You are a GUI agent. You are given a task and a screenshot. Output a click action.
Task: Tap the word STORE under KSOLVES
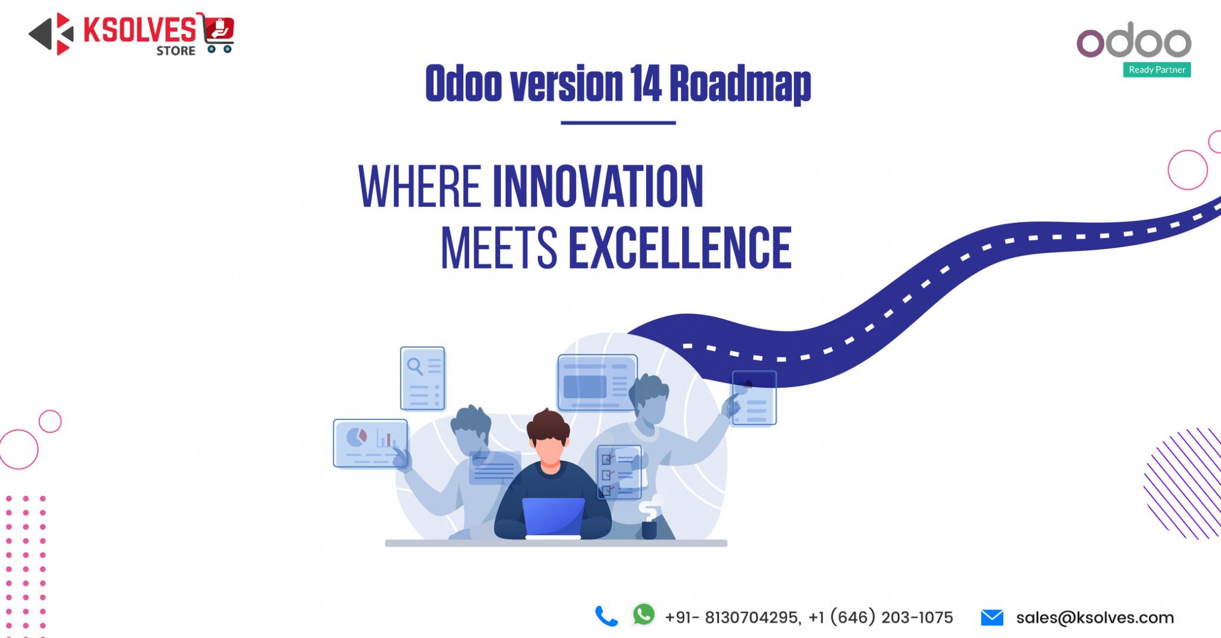(x=176, y=51)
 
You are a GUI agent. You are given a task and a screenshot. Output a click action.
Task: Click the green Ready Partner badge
(x=1157, y=70)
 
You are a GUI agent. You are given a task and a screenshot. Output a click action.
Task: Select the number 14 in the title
(x=646, y=83)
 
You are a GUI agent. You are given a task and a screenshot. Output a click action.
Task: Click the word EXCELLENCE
(x=680, y=248)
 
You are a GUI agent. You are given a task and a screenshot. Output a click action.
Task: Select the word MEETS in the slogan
(x=498, y=248)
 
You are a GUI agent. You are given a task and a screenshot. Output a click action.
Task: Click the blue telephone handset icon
(x=606, y=617)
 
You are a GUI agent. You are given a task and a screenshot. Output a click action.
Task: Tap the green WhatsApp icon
(x=644, y=615)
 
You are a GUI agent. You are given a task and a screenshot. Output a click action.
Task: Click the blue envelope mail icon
(x=992, y=618)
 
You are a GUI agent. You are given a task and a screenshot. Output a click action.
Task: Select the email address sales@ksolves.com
(x=1095, y=618)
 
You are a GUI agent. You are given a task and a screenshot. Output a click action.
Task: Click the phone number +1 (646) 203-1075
(x=881, y=618)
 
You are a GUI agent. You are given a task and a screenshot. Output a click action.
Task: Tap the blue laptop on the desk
(x=553, y=516)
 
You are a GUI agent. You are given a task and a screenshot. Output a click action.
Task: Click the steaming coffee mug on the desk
(x=649, y=527)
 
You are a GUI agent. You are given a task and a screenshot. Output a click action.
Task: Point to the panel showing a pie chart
(x=370, y=443)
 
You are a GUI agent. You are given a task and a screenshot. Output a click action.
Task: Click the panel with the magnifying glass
(x=422, y=378)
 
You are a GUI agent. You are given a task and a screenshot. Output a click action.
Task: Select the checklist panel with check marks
(x=619, y=472)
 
